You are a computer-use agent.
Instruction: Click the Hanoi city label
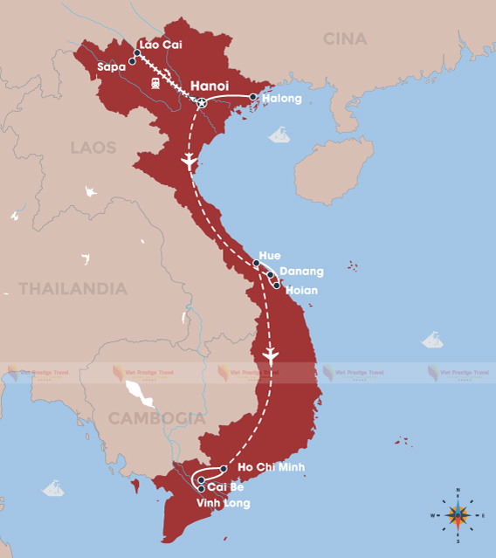click(x=210, y=86)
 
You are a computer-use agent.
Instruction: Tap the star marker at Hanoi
click(x=202, y=104)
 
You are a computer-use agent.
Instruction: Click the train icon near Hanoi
click(x=155, y=83)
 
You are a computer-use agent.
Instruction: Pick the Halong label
click(x=281, y=99)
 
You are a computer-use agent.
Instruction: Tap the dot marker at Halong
click(x=253, y=97)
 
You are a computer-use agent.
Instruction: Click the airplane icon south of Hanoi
click(x=189, y=162)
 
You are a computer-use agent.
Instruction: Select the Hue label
click(x=270, y=255)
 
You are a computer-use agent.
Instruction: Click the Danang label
click(x=301, y=272)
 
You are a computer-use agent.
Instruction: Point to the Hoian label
click(x=301, y=290)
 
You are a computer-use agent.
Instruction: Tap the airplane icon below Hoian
click(x=270, y=356)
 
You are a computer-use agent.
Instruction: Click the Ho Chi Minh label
click(x=271, y=469)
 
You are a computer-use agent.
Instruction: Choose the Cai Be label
click(x=225, y=486)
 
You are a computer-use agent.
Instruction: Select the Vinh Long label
click(x=223, y=503)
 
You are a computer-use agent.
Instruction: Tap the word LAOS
click(x=93, y=148)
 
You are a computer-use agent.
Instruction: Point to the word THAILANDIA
click(x=73, y=288)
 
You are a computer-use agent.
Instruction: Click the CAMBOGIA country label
click(x=156, y=418)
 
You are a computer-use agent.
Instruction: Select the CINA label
click(x=345, y=38)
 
